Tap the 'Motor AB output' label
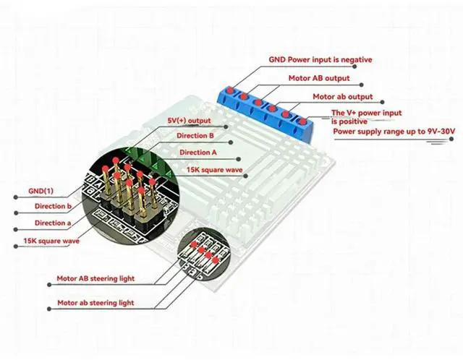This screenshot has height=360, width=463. click(318, 78)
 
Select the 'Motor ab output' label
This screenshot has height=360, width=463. click(342, 96)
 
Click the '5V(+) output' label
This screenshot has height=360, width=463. click(188, 120)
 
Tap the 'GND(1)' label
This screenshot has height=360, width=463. click(41, 191)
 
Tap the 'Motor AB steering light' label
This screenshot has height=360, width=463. click(95, 278)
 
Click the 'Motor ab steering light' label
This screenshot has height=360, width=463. click(95, 303)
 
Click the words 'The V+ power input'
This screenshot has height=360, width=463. click(366, 113)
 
